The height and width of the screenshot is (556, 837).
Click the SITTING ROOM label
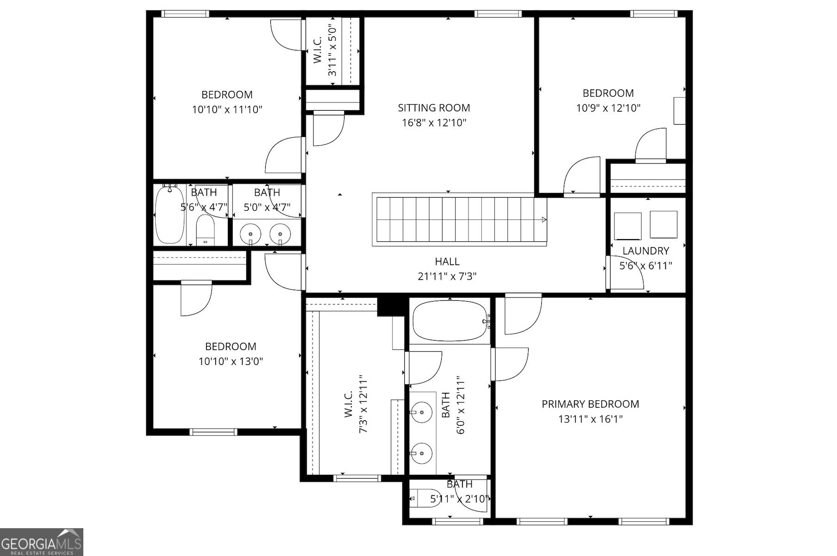pos(434,108)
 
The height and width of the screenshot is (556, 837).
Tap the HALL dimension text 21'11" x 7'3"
pos(447,277)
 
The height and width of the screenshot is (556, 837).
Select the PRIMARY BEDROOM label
pos(590,404)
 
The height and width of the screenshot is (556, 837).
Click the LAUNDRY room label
pos(645,251)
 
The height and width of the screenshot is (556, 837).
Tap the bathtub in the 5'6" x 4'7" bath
pos(169,215)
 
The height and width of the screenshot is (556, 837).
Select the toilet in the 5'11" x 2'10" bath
pos(425,499)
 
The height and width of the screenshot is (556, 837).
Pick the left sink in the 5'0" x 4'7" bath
pos(250,233)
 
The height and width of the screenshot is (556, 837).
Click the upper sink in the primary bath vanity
pos(421,412)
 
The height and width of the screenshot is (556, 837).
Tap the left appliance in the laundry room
pos(627,226)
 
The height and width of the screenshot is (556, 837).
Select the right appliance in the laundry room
pos(663,225)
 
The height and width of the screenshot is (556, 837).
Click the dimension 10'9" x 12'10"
pos(608,108)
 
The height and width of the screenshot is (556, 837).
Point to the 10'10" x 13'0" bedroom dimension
pos(231,361)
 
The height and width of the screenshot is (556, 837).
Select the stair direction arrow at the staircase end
pos(544,220)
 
